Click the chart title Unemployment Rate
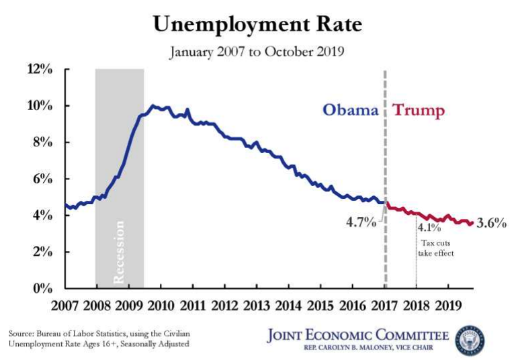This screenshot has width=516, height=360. tap(257, 25)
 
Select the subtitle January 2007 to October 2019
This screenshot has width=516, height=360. tap(257, 52)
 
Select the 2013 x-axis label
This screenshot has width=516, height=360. tap(257, 306)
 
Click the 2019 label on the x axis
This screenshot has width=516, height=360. tap(448, 306)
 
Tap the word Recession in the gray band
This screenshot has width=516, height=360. tap(120, 251)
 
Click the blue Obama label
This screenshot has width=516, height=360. tap(351, 110)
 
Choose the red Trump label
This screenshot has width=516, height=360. tap(419, 110)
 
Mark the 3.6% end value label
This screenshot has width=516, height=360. tap(490, 223)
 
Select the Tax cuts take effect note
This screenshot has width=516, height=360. tap(437, 248)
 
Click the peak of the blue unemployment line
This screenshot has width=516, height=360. tap(153, 105)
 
